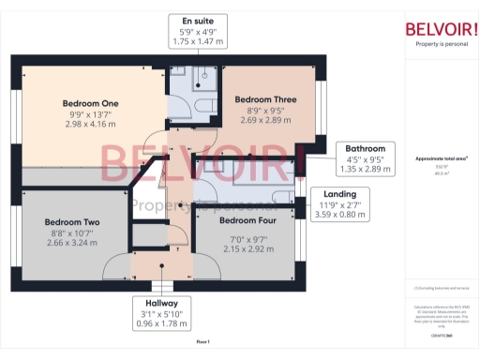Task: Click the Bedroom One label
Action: (89, 103)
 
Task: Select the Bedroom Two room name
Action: (72, 223)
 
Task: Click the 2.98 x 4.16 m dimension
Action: (89, 125)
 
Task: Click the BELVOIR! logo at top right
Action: (442, 28)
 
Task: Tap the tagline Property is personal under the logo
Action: (442, 44)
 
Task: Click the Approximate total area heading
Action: (441, 158)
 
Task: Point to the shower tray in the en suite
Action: (203, 81)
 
